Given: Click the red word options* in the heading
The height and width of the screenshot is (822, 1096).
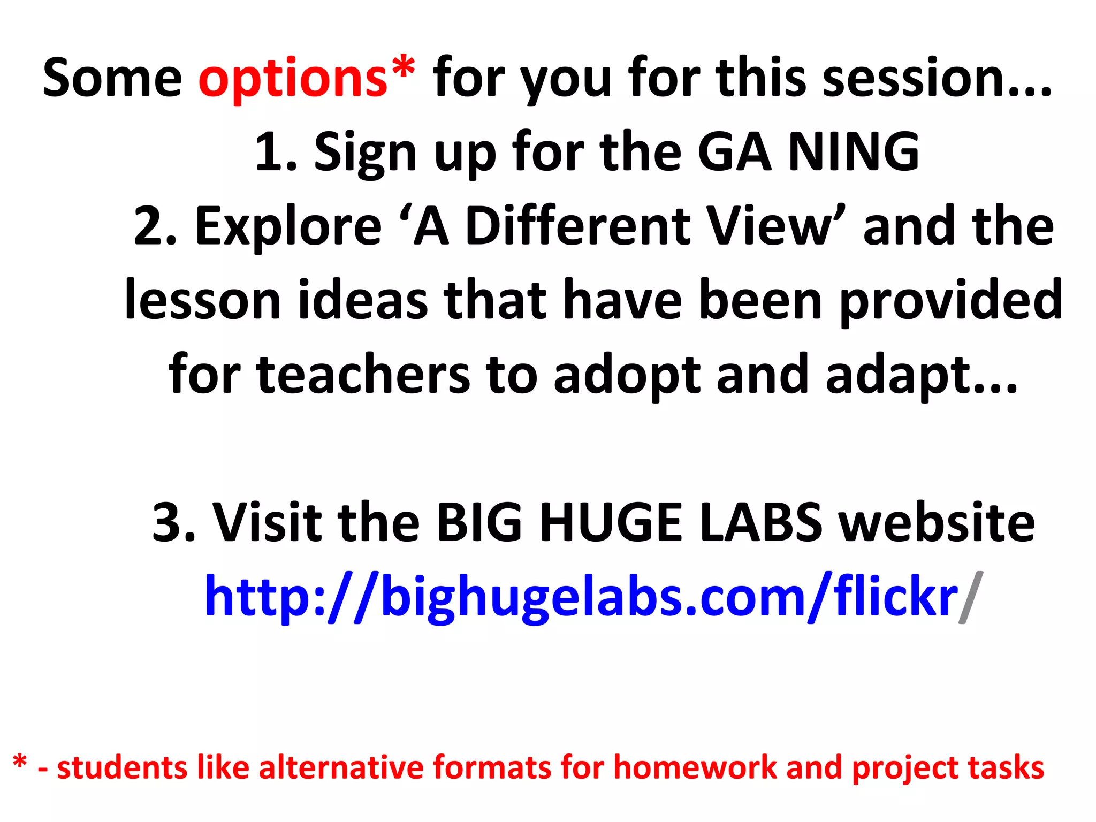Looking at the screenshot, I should (306, 79).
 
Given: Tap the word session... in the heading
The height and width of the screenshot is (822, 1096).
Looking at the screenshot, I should (937, 79).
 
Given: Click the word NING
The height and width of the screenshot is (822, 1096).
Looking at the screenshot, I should (854, 153).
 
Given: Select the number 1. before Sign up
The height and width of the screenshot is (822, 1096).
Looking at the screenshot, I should (275, 153).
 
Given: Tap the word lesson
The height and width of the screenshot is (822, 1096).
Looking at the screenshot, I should (202, 301).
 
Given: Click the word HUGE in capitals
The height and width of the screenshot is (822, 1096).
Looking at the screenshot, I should (611, 522).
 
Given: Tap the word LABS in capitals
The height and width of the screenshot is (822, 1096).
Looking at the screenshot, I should (760, 522).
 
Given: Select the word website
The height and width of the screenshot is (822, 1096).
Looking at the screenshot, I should (936, 522).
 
